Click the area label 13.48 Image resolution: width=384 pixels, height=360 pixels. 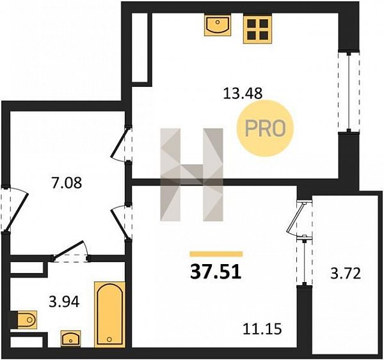pos(243,93)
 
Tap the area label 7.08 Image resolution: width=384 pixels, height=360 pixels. pos(67,183)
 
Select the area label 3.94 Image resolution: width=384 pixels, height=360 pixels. pos(64,302)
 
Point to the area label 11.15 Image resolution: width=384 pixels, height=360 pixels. pos(262,329)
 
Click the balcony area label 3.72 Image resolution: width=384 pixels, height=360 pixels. pos(346,274)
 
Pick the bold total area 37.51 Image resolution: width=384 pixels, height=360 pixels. pos(216,272)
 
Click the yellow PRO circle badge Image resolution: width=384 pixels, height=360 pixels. pos(265,129)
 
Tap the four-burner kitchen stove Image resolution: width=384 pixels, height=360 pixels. pos(257,28)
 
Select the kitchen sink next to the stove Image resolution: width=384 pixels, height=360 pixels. pos(218,25)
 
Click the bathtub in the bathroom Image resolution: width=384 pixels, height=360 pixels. pos(109,314)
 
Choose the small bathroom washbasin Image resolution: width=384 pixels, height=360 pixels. pos(70,339)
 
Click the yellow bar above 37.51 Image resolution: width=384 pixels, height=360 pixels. pos(216,254)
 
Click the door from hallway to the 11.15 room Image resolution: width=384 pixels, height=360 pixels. pos(121,222)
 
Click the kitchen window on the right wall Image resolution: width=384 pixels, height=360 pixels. pos(349,92)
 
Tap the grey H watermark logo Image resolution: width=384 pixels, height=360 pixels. pos(192,175)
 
